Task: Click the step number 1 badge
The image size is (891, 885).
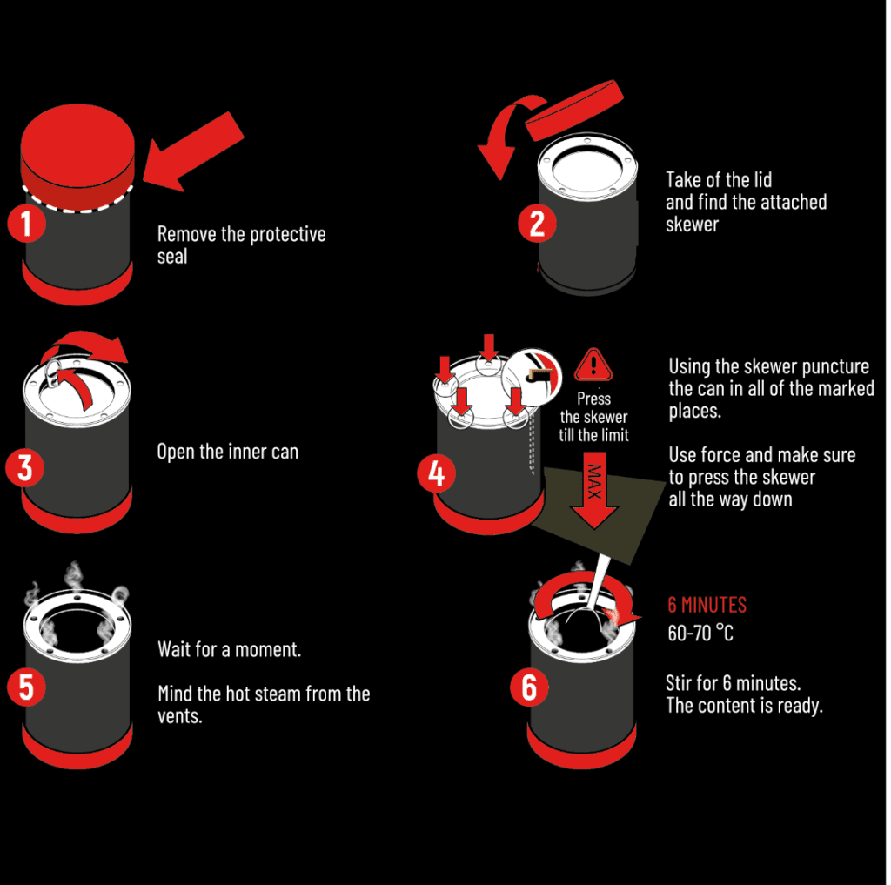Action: (27, 224)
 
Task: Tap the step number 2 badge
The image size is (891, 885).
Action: (537, 224)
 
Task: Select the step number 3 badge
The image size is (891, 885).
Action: (25, 468)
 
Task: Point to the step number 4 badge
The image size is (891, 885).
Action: (437, 473)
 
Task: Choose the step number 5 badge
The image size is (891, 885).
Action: (27, 687)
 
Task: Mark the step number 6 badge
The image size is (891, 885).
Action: (529, 687)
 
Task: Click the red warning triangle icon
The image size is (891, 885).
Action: (593, 365)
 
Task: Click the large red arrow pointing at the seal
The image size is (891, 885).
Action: (193, 151)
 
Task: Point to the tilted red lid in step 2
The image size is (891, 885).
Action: (574, 110)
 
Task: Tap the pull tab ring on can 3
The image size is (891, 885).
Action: (52, 372)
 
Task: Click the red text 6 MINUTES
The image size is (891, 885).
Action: (707, 606)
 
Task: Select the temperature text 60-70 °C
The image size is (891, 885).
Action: (700, 633)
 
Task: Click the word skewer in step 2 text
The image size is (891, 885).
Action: (692, 225)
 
